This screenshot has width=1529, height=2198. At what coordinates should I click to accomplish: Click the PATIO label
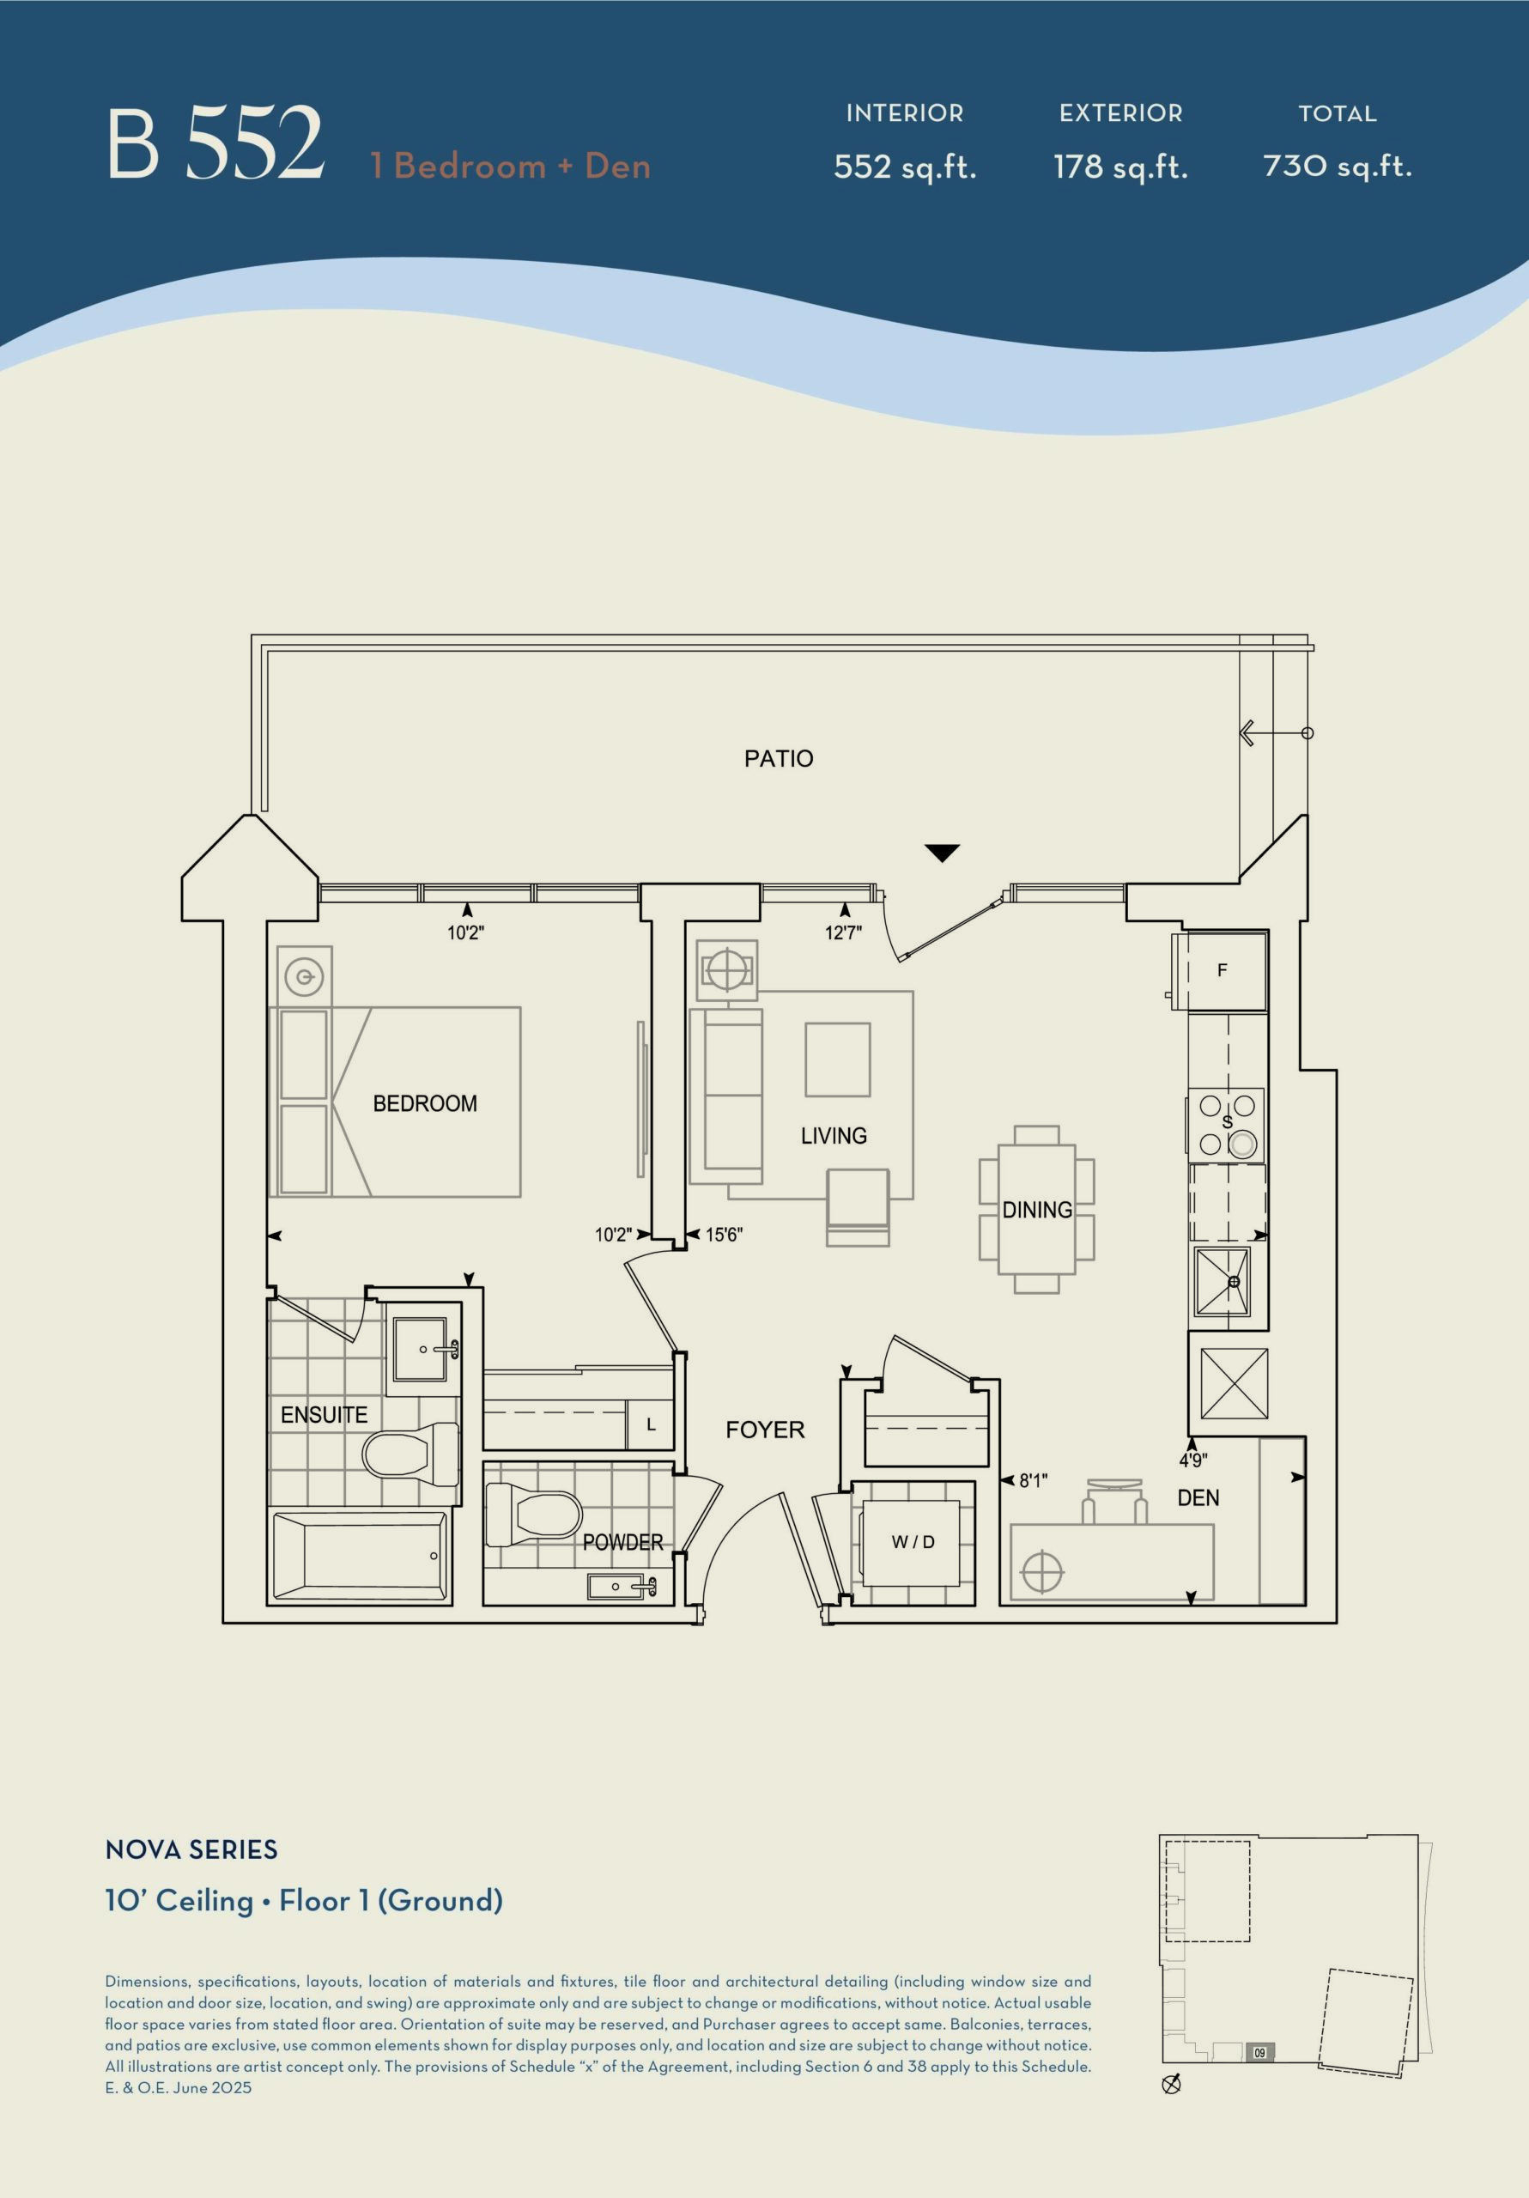click(x=779, y=758)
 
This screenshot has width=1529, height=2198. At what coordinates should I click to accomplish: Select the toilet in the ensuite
click(x=410, y=1454)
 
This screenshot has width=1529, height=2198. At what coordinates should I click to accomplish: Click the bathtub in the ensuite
click(x=360, y=1556)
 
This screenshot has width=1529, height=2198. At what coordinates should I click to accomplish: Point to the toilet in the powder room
click(x=534, y=1515)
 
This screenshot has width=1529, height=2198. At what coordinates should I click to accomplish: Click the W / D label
click(x=913, y=1542)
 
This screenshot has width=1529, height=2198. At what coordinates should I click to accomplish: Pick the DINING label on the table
click(x=1037, y=1210)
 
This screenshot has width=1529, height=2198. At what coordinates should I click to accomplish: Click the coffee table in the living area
click(x=838, y=1059)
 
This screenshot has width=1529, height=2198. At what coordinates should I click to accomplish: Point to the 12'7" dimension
click(x=844, y=932)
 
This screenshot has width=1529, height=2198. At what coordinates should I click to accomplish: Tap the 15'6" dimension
click(x=724, y=1235)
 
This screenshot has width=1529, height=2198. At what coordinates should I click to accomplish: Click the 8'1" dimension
click(x=1033, y=1481)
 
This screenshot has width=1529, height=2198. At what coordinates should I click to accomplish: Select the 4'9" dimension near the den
click(x=1193, y=1460)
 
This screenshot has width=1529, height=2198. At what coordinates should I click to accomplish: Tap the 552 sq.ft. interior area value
click(x=905, y=167)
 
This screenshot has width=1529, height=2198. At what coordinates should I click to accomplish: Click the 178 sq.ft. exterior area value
click(x=1120, y=167)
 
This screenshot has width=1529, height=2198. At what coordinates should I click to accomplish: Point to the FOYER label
click(x=765, y=1430)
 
